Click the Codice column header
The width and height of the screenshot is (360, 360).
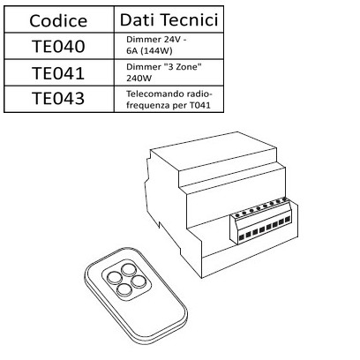pos(58,20)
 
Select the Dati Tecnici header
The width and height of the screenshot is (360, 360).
pos(169,19)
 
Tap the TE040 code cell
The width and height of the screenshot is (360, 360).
pos(58,47)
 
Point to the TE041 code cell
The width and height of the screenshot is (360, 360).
pos(58,73)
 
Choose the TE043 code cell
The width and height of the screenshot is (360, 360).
pos(58,98)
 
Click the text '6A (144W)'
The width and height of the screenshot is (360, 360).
pos(149,51)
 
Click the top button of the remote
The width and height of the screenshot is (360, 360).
pos(129,269)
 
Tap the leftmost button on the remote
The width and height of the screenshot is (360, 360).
pos(114,277)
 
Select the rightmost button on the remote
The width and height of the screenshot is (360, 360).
pos(137,281)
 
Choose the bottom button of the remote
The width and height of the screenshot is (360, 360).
pos(124,290)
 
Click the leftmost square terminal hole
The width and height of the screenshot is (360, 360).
pos(242,237)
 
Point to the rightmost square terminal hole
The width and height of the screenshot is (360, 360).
pos(288,220)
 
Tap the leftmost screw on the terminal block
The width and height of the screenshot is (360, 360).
pos(237,215)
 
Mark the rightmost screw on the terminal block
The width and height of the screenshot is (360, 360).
pos(284,199)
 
